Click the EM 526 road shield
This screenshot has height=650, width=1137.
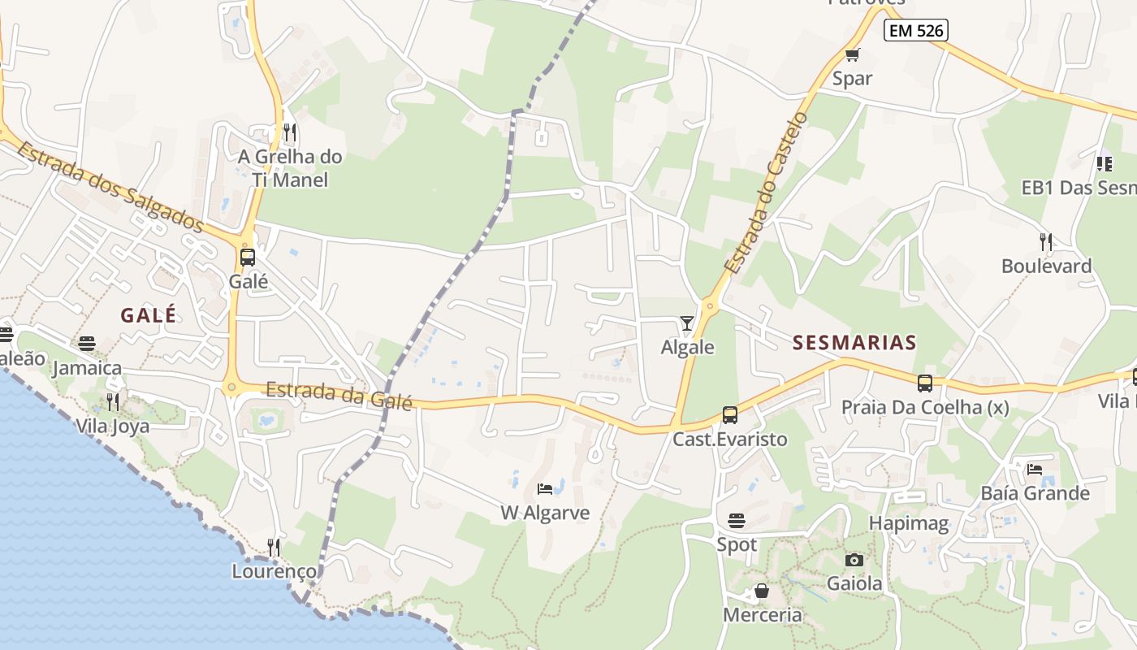click(916, 31)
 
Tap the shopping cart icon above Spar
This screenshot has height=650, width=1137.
click(852, 55)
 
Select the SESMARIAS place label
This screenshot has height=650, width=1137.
click(854, 343)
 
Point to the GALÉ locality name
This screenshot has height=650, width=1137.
click(149, 315)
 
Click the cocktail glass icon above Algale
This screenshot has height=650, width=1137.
click(687, 323)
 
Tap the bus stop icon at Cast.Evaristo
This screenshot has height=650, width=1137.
click(729, 415)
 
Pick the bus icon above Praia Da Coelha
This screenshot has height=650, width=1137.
click(924, 383)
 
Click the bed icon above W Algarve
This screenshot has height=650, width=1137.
click(545, 489)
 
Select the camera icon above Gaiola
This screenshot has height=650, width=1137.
click(854, 560)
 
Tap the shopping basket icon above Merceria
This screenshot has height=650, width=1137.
click(762, 591)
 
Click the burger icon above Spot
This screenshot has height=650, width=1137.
click(737, 520)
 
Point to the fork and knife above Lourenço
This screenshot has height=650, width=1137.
click(274, 547)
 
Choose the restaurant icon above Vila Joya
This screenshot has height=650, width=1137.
click(113, 401)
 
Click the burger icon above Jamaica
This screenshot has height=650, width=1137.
click(87, 344)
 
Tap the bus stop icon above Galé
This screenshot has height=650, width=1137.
click(248, 258)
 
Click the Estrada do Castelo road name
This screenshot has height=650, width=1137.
click(767, 193)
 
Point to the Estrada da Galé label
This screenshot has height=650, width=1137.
click(339, 396)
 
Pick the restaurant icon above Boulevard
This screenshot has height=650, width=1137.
click(1046, 241)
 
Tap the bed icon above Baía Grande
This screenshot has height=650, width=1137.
click(1035, 469)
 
